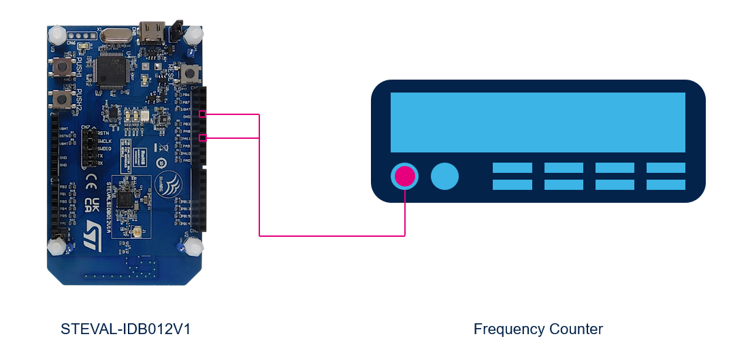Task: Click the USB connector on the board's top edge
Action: [151, 31]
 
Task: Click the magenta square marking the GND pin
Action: [202, 114]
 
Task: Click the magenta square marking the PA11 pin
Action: [202, 138]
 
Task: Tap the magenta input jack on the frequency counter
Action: [405, 176]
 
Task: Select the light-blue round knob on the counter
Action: [444, 176]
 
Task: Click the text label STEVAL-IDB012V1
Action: [125, 329]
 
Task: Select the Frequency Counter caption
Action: [538, 329]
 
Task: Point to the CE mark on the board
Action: [95, 184]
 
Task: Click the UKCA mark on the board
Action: [95, 205]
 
